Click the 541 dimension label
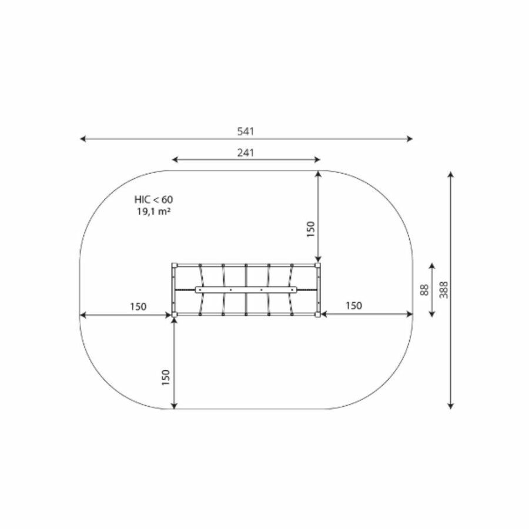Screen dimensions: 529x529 [245, 131]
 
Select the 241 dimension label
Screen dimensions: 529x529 [245, 153]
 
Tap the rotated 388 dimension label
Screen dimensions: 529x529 [444, 290]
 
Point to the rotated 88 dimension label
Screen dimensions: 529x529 [425, 290]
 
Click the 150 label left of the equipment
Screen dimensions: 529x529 [138, 307]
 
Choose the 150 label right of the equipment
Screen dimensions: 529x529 [354, 306]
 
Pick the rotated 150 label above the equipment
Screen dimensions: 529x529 [310, 229]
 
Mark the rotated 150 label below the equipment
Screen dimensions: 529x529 [165, 377]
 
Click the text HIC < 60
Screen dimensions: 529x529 [153, 200]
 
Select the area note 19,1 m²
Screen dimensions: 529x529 [153, 212]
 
